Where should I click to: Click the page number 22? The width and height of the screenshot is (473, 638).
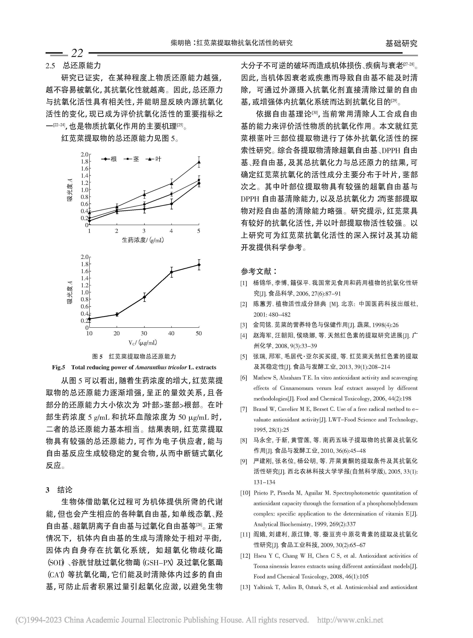pos(77,53)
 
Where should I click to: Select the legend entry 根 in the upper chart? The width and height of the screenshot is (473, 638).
pos(114,159)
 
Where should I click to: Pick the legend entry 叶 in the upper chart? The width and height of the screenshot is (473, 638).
pos(158,159)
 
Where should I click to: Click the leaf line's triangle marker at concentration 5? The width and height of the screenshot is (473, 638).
pos(199,162)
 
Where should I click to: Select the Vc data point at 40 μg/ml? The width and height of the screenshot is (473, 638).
pos(171,272)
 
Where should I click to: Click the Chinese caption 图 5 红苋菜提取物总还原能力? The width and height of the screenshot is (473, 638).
pos(134,356)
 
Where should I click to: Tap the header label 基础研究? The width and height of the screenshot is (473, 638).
pos(401,44)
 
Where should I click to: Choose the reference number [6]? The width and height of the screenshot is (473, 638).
pos(244,378)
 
